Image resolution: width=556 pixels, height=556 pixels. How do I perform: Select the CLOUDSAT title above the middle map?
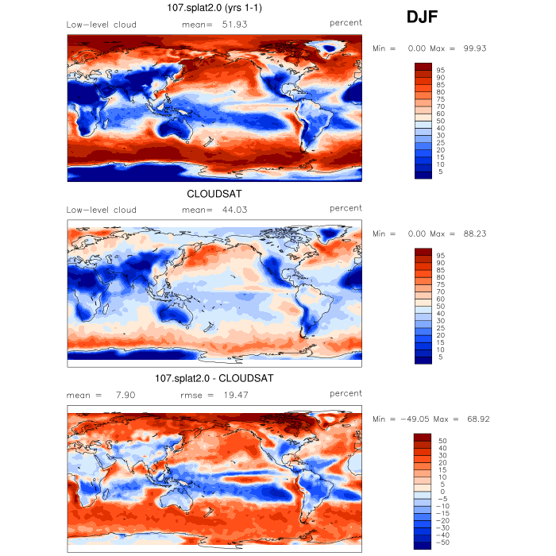coord(214,194)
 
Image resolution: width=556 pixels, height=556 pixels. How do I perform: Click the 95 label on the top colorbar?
coord(440,71)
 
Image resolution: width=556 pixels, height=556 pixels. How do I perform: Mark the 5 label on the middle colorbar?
coord(438,357)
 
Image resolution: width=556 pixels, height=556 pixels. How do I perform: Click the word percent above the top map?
coord(346,24)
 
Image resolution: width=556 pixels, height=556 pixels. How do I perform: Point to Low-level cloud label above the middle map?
coord(102,210)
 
